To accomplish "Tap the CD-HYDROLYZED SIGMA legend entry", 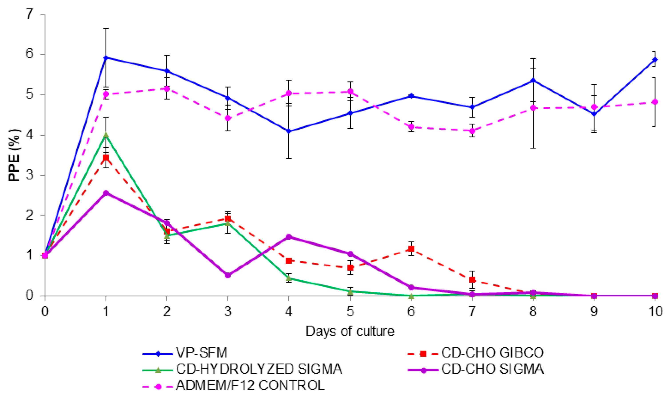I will (x=259, y=370).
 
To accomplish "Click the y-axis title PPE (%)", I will (x=14, y=156).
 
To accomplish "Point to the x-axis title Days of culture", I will (x=350, y=331).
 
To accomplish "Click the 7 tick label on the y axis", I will (x=29, y=14).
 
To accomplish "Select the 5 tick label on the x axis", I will (x=350, y=312).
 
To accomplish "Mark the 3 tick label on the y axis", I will (x=29, y=175).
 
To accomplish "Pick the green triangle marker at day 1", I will (x=106, y=135).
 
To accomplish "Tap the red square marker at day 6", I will (x=411, y=249).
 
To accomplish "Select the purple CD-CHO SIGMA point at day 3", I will (x=228, y=275).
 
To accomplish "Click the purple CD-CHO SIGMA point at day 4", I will (x=289, y=237).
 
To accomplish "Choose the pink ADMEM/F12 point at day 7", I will (x=472, y=131).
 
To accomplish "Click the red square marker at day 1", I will (x=106, y=157).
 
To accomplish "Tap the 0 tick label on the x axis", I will (x=45, y=312).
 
